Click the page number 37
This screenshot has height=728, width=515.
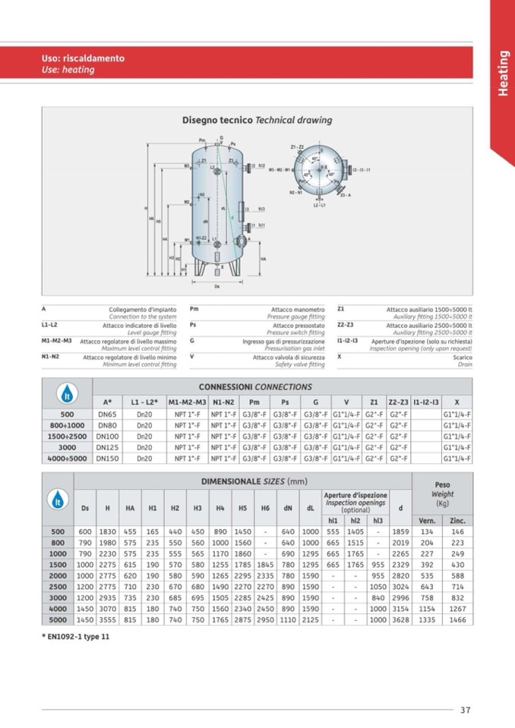tap(465, 710)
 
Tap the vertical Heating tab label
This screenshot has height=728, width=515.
tap(503, 74)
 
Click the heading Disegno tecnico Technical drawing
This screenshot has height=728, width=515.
tap(257, 120)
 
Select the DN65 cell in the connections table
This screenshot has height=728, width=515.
tap(107, 414)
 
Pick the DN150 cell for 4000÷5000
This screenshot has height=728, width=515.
tap(107, 458)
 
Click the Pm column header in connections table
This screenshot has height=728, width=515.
tap(254, 401)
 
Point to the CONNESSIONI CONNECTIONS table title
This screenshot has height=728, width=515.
tap(255, 386)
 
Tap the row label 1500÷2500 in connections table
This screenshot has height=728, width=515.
tap(67, 436)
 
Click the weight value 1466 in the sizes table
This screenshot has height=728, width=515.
tap(457, 619)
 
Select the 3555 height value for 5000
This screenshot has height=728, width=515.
tap(107, 619)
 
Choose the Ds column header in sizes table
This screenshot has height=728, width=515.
tap(84, 507)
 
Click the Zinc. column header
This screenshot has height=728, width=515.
tap(457, 521)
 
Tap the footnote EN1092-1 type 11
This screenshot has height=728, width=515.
tap(76, 636)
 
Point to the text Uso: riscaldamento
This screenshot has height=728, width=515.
tap(83, 58)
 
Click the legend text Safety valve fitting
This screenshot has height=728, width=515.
tap(299, 364)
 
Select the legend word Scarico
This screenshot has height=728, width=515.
tap(463, 357)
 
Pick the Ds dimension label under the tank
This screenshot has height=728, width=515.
tap(217, 286)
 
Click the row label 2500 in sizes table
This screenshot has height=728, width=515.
tap(57, 586)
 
